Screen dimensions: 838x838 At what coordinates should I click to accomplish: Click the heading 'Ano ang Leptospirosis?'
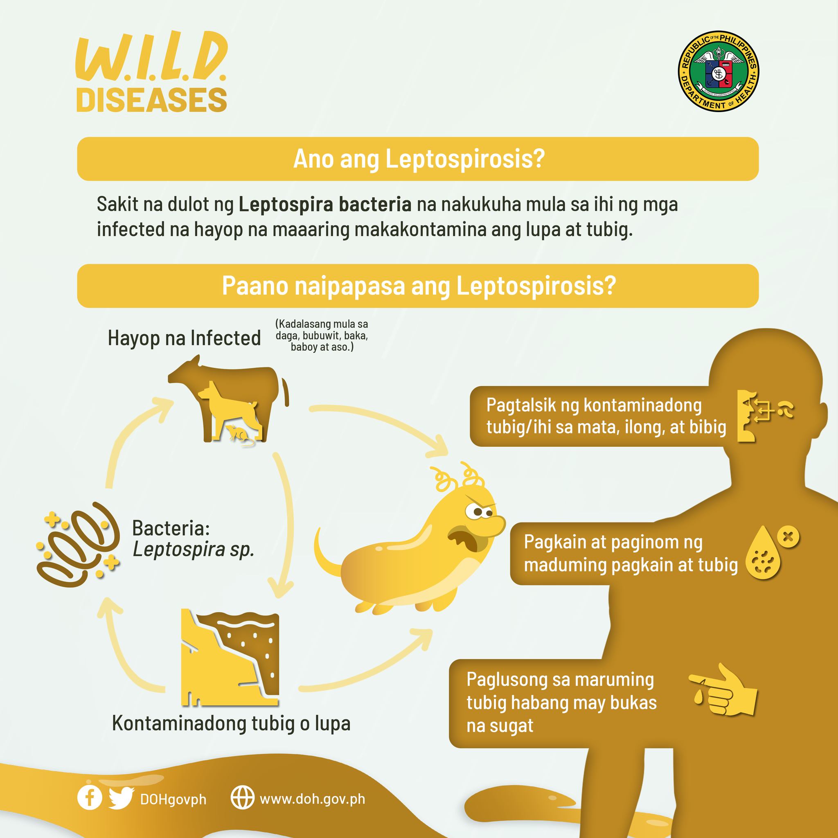pyautogui.click(x=419, y=159)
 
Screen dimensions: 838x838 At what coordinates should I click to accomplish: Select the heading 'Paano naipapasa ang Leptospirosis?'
pyautogui.click(x=419, y=286)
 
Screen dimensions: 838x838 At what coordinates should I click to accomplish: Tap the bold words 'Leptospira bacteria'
pyautogui.click(x=325, y=205)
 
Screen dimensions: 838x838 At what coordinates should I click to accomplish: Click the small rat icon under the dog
pyautogui.click(x=239, y=435)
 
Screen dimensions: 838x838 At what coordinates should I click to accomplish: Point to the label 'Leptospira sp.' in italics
pyautogui.click(x=194, y=550)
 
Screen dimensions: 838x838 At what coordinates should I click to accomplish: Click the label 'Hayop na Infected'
pyautogui.click(x=185, y=338)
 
